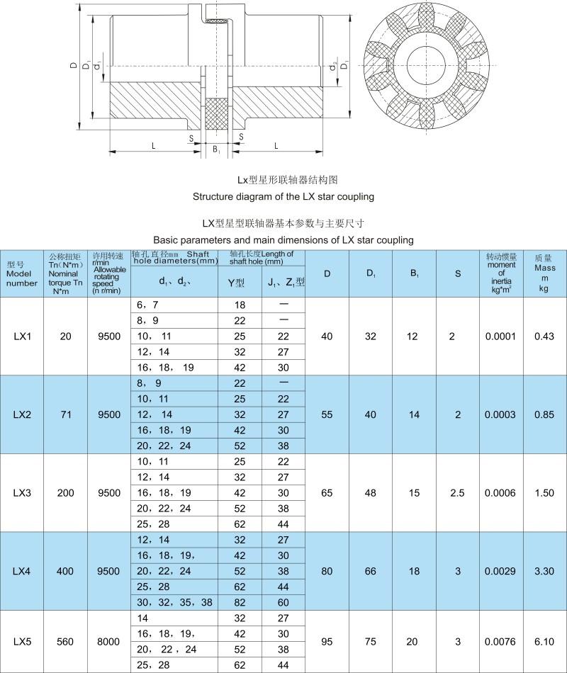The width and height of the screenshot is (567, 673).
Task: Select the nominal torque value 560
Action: tap(66, 642)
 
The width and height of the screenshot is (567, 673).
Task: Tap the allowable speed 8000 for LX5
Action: tap(108, 642)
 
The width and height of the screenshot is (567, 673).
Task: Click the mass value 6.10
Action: tap(544, 642)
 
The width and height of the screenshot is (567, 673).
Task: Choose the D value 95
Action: tap(327, 642)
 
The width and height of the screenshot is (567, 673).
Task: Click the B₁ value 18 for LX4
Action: tap(413, 570)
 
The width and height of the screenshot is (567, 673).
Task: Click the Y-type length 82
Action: tap(240, 602)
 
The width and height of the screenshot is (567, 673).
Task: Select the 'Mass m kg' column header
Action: tap(544, 273)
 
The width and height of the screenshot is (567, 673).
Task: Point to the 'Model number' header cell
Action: tap(22, 273)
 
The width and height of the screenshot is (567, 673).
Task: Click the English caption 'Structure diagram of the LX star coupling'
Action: tap(283, 196)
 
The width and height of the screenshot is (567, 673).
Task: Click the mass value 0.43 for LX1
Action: tap(544, 336)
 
